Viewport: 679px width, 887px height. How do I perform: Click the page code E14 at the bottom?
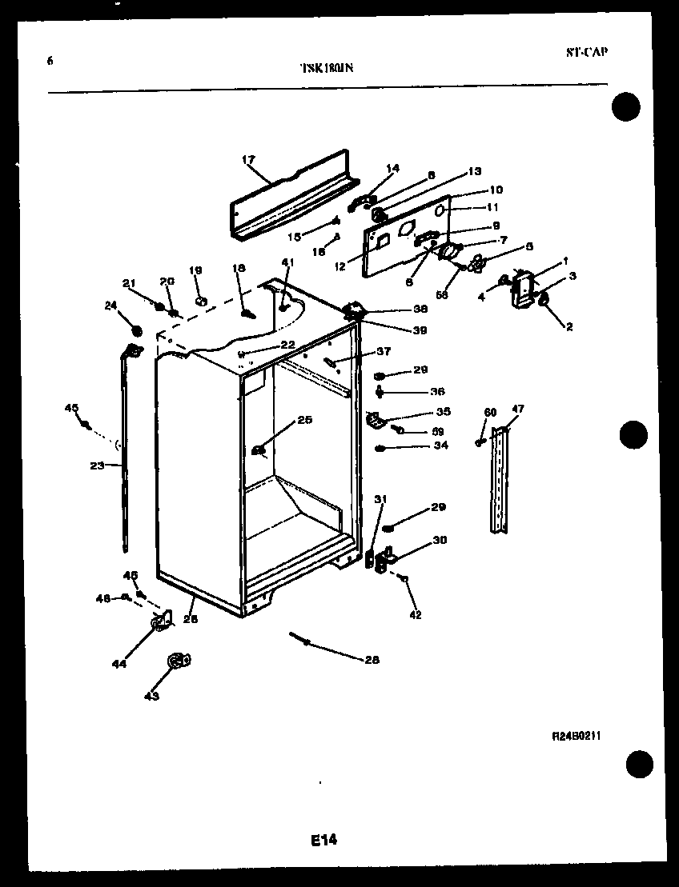point(323,840)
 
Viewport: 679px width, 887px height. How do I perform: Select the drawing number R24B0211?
point(576,734)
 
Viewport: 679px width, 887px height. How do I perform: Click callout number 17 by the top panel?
point(247,159)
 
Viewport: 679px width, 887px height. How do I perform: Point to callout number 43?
point(151,696)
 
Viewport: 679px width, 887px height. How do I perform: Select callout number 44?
point(119,663)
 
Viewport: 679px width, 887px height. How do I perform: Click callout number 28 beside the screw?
point(372,660)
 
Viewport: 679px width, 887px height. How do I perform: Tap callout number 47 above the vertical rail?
point(518,410)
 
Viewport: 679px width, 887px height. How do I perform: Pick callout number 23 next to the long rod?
point(98,465)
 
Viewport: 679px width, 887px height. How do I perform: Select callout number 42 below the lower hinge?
point(415,615)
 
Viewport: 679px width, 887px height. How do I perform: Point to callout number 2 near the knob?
point(569,326)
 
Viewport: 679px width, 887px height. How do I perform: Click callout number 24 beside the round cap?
point(110,305)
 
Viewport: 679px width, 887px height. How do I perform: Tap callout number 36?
point(437,391)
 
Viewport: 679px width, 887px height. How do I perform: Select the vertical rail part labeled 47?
point(500,480)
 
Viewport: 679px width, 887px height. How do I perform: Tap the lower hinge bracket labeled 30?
point(387,557)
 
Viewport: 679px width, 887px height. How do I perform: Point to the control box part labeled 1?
point(523,288)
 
